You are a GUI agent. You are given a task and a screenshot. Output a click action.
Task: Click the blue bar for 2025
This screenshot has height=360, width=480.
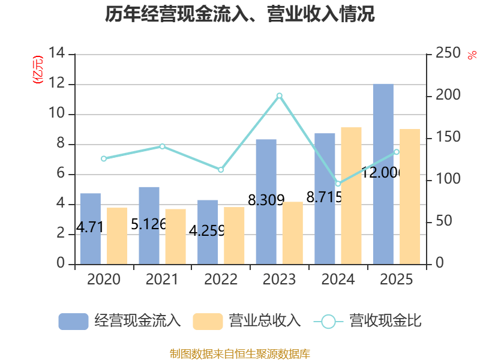[383, 174]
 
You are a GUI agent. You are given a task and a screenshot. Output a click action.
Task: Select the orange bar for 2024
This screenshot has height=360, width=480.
[351, 196]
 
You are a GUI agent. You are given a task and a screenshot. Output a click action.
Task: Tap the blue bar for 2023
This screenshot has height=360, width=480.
[266, 202]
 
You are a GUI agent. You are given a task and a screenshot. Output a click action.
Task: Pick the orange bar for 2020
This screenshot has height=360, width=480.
[117, 236]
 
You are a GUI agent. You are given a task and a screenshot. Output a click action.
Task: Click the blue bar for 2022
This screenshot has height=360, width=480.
[208, 232]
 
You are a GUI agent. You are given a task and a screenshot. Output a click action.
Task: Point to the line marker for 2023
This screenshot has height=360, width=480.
[279, 95]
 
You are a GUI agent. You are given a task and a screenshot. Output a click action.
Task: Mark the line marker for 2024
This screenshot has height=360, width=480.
[338, 184]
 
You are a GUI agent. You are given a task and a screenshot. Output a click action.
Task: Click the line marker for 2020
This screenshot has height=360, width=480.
[104, 159]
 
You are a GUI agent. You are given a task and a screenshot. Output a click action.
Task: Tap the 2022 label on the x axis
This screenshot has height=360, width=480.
[221, 280]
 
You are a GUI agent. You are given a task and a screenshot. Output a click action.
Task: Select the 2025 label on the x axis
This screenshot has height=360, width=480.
[397, 280]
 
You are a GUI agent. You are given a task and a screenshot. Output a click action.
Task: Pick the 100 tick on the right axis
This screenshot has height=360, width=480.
[444, 179]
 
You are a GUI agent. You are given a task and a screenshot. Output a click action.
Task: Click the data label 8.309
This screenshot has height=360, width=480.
[266, 200]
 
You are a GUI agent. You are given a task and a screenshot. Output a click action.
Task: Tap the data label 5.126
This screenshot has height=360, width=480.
[149, 224]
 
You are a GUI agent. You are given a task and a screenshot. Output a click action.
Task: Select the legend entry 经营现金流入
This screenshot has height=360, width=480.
[119, 321]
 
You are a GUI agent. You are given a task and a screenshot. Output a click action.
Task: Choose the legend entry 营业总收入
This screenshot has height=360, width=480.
[247, 321]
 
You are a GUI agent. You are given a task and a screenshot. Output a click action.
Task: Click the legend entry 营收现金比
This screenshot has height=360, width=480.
[368, 321]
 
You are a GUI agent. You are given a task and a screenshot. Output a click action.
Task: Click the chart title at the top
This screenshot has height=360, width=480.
[240, 14]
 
